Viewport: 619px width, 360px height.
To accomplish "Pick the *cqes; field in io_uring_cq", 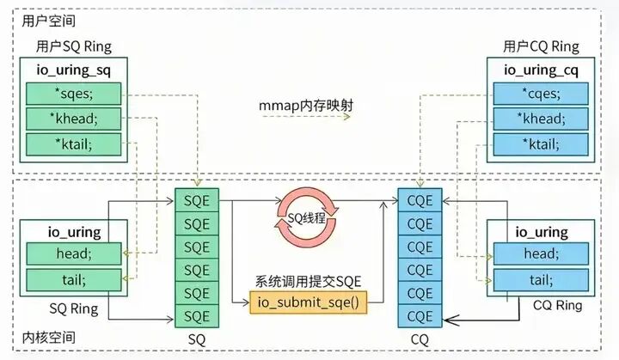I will (x=542, y=94).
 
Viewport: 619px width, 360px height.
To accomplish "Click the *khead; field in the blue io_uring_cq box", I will (x=542, y=119).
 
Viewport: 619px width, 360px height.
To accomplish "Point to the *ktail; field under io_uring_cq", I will (x=542, y=143).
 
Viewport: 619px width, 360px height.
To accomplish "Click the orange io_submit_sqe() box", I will (x=297, y=302).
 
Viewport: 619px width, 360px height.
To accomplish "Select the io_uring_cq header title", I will (x=541, y=70).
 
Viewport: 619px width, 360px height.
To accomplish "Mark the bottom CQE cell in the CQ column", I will (x=420, y=315).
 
